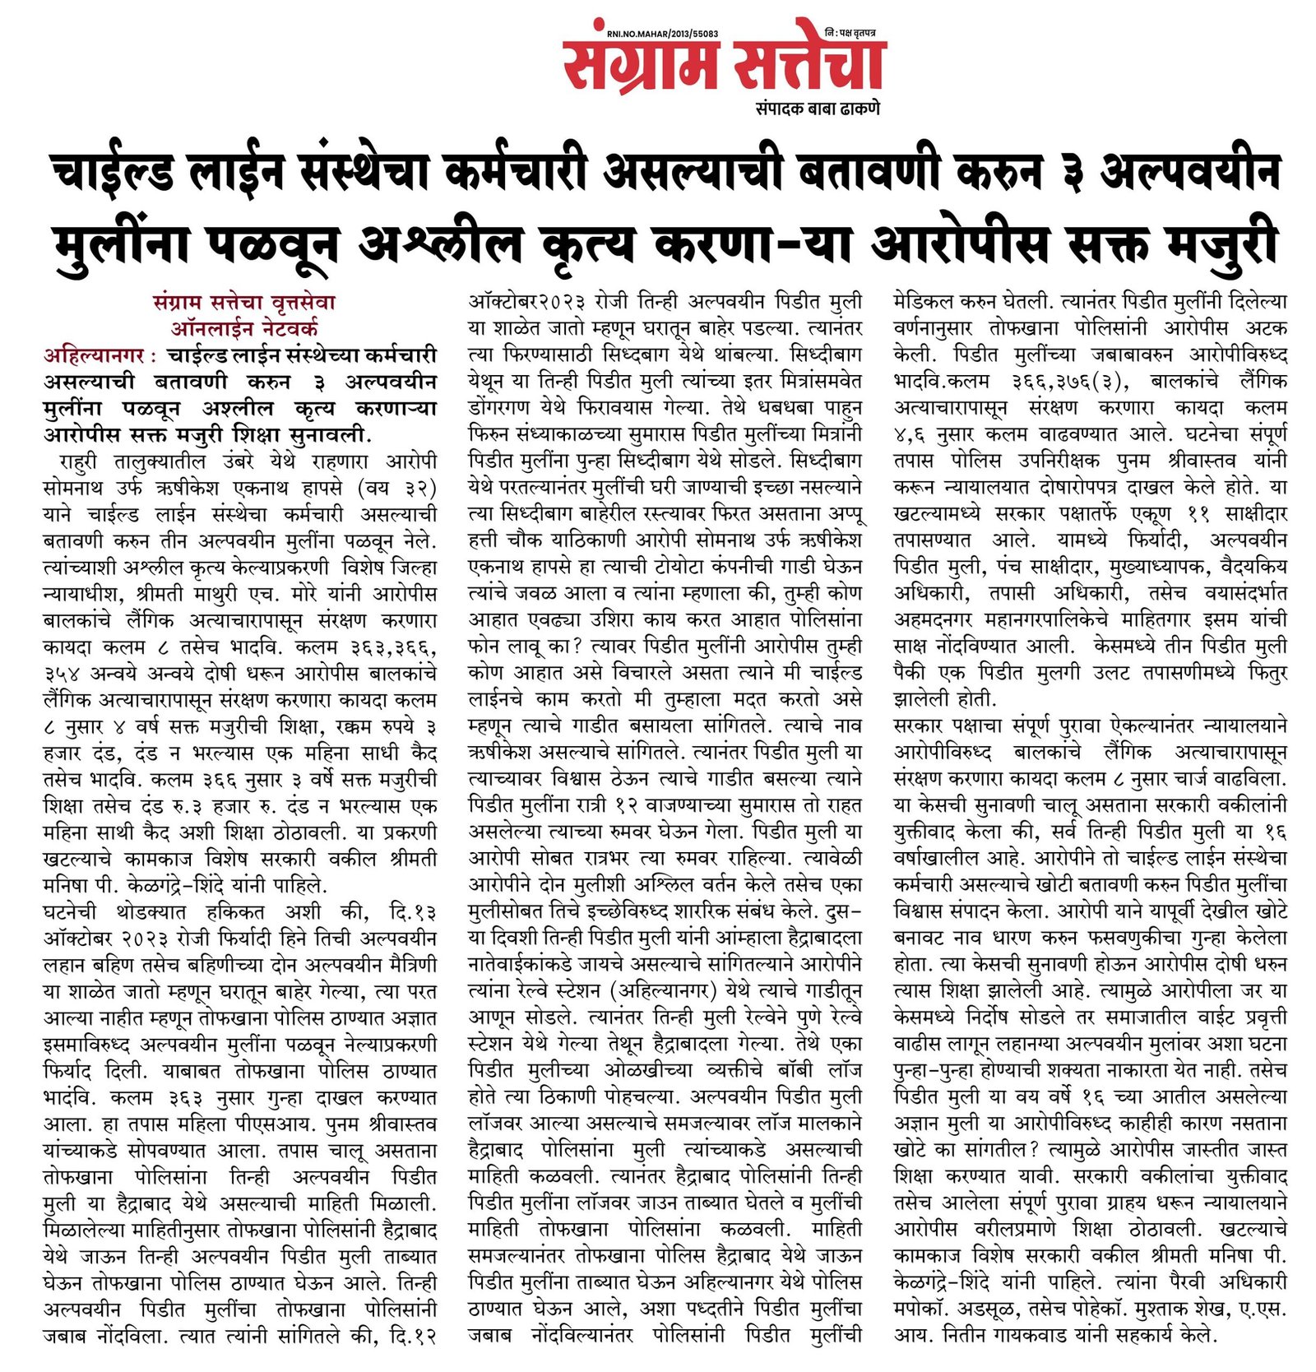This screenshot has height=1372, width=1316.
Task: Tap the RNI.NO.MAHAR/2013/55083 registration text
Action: (662, 34)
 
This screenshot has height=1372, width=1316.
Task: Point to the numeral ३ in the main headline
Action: (1067, 174)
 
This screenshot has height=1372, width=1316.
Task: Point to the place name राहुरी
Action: (78, 461)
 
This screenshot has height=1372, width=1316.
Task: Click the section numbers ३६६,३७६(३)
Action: (1069, 382)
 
